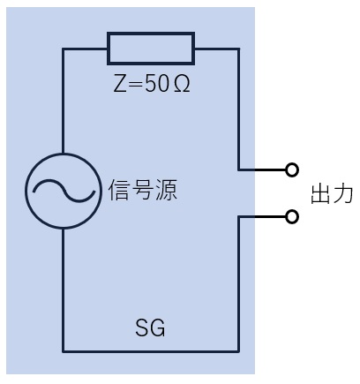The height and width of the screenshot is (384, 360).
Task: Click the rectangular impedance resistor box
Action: (151, 34)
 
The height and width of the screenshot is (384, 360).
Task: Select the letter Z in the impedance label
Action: (120, 84)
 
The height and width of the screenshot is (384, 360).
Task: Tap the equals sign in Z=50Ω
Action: (135, 84)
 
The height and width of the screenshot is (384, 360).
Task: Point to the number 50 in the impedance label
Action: (157, 84)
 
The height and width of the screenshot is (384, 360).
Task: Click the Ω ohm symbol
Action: (182, 84)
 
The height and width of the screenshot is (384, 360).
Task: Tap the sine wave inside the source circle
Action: (64, 190)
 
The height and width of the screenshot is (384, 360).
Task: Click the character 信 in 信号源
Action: (119, 190)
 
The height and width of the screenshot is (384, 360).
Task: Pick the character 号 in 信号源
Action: (143, 190)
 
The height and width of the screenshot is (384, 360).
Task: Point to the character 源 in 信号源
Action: (166, 190)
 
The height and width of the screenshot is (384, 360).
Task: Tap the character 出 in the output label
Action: (320, 194)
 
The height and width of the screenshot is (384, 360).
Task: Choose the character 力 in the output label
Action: (342, 194)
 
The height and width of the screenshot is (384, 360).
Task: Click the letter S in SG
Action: (142, 328)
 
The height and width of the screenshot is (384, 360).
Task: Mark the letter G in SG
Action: (157, 328)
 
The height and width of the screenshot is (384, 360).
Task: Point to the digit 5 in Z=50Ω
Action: (151, 84)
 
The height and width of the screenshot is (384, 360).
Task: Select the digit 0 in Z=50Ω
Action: (163, 84)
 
